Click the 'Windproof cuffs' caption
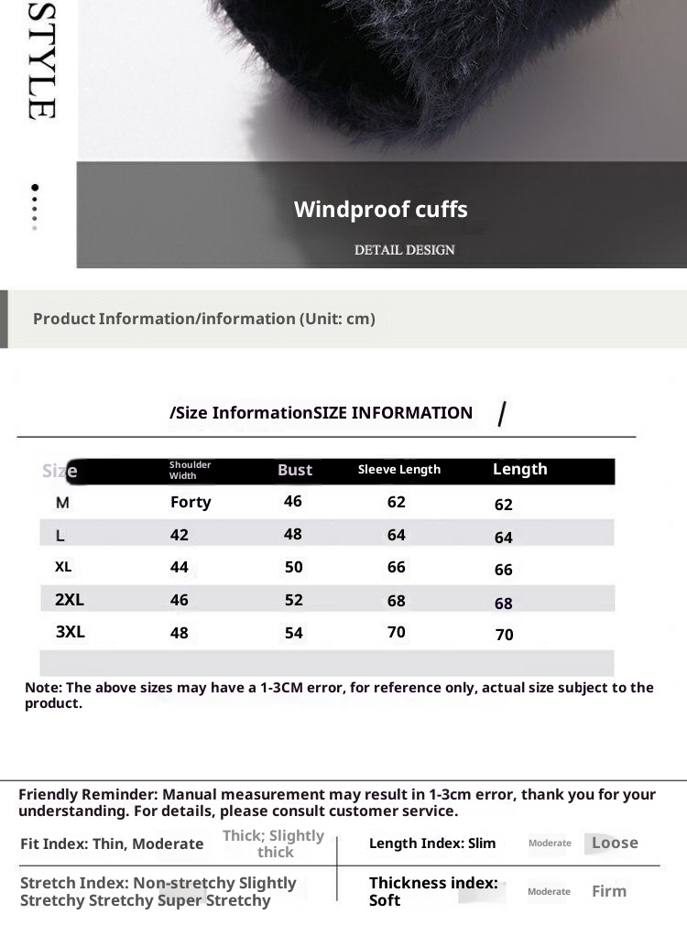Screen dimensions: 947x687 coord(380,210)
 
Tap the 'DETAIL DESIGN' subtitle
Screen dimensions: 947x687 coord(404,249)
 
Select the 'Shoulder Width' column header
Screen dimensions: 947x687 coord(190,470)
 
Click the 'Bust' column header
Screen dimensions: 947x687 coord(295,470)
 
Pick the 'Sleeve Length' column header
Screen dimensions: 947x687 coord(398,470)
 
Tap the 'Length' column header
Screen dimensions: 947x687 coord(519,469)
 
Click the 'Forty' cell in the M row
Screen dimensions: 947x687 coord(191,502)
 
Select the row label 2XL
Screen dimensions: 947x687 coord(70,600)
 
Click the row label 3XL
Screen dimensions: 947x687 coord(71,632)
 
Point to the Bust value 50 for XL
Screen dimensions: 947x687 coord(293,568)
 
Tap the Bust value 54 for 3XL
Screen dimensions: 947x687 coord(293,633)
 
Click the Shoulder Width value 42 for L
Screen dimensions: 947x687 coord(180,535)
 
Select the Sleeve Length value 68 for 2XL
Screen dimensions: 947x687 coord(396,601)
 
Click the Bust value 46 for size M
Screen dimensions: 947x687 coord(293,502)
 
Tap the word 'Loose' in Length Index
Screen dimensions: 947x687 coord(615,843)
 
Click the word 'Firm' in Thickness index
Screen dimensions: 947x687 coord(609,891)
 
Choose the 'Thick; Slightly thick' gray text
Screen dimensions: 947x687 coord(274,844)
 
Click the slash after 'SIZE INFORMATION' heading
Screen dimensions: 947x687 coord(501,415)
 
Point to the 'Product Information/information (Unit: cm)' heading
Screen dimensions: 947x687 coord(204,319)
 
